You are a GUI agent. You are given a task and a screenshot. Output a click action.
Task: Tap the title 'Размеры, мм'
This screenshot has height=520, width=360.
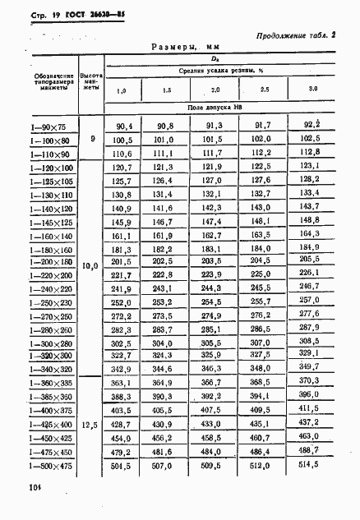(187, 48)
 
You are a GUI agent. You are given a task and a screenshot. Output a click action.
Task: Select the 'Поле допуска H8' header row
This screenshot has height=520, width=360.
(216, 108)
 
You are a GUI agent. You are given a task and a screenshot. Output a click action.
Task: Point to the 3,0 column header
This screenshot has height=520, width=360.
(312, 88)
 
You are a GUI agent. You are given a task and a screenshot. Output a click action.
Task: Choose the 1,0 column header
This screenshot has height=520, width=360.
(122, 89)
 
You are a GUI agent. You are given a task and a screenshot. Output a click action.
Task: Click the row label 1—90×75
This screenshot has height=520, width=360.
(50, 127)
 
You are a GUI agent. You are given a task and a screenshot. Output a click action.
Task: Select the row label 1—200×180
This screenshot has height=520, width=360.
(50, 260)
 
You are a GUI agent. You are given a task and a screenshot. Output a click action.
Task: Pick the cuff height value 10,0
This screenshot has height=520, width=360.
(91, 266)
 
